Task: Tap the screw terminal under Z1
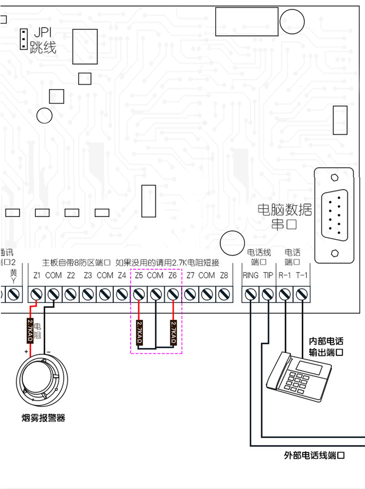[36, 294]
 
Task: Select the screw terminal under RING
[250, 294]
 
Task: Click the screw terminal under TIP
[268, 294]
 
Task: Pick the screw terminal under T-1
[302, 294]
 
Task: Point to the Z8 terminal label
[224, 276]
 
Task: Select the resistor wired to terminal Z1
[30, 330]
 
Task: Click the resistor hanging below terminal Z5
[139, 333]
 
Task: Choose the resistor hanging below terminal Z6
[174, 333]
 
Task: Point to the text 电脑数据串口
[285, 217]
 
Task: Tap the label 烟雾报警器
[43, 418]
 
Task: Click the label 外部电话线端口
[314, 456]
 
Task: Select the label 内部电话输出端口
[326, 347]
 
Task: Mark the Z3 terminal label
[88, 276]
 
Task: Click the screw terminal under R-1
[285, 294]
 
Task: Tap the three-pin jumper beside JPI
[22, 39]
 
